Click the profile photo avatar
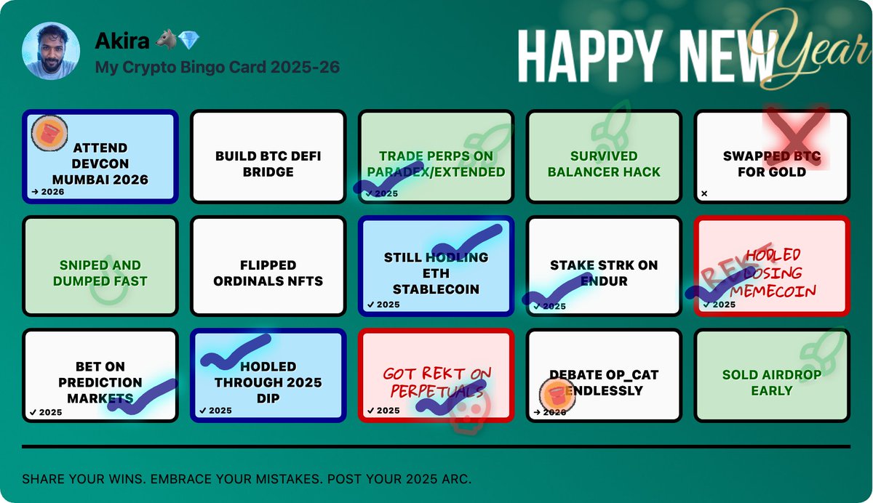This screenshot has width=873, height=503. click(x=51, y=51)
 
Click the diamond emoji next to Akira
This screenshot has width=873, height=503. click(x=188, y=41)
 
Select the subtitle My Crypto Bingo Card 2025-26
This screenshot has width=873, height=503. click(x=217, y=68)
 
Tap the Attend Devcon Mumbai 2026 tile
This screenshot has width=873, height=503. click(x=100, y=164)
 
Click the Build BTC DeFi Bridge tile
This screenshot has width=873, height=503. click(x=268, y=164)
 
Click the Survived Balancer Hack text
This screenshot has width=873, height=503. click(x=604, y=164)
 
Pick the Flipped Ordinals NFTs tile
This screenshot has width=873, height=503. click(x=268, y=273)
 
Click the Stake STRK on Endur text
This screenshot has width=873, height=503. click(x=604, y=273)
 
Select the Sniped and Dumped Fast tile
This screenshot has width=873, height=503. click(x=100, y=273)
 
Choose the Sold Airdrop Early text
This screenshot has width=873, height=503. click(x=771, y=382)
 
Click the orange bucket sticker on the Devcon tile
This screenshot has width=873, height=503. click(x=49, y=134)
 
